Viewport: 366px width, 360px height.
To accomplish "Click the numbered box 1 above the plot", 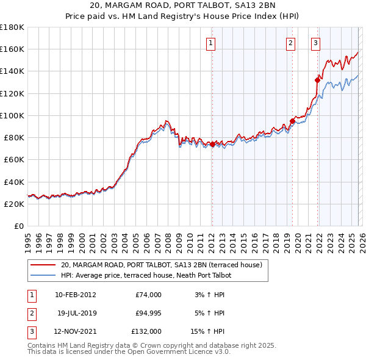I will (x=210, y=43).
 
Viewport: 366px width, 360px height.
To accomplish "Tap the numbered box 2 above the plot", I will (x=290, y=43).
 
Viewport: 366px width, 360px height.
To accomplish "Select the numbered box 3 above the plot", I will (x=315, y=43).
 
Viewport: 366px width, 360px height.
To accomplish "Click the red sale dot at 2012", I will (x=212, y=144).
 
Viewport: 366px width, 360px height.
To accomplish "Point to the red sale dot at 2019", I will (x=292, y=121).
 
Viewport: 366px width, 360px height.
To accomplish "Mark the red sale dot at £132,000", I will (x=317, y=79).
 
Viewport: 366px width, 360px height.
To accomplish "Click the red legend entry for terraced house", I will (x=162, y=265).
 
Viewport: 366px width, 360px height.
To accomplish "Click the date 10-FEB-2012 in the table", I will (x=75, y=295).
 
